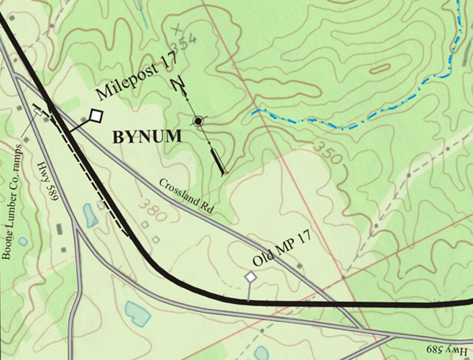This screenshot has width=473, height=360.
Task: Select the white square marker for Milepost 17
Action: [96, 116]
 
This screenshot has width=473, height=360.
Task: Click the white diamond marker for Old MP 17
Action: [251, 277]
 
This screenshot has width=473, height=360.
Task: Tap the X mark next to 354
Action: [177, 30]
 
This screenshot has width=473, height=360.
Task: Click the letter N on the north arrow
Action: [178, 85]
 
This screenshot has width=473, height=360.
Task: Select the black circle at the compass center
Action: [198, 121]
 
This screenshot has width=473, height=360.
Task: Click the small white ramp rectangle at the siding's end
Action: [38, 112]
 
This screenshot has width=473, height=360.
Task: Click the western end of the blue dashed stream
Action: [254, 112]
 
